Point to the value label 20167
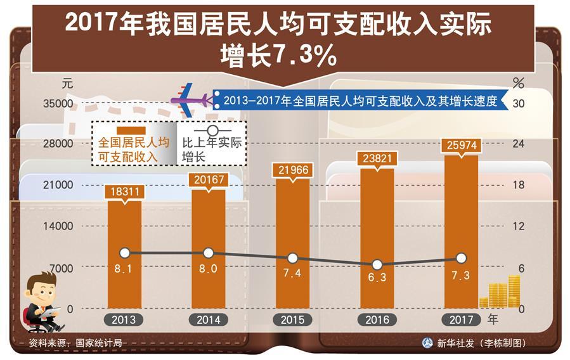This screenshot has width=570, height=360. tap(209, 180)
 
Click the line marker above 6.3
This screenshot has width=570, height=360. tap(377, 265)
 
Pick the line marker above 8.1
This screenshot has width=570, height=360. tap(125, 253)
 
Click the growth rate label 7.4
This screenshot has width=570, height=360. tap(292, 273)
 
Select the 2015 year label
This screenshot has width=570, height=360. tap(292, 320)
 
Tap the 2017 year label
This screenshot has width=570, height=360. tap(461, 320)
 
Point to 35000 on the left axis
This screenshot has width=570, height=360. tap(58, 103)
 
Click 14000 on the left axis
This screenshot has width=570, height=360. tap(58, 226)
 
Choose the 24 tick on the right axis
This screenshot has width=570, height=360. tap(518, 144)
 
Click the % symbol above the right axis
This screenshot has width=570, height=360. tap(519, 83)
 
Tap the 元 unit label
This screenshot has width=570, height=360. tap(68, 83)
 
